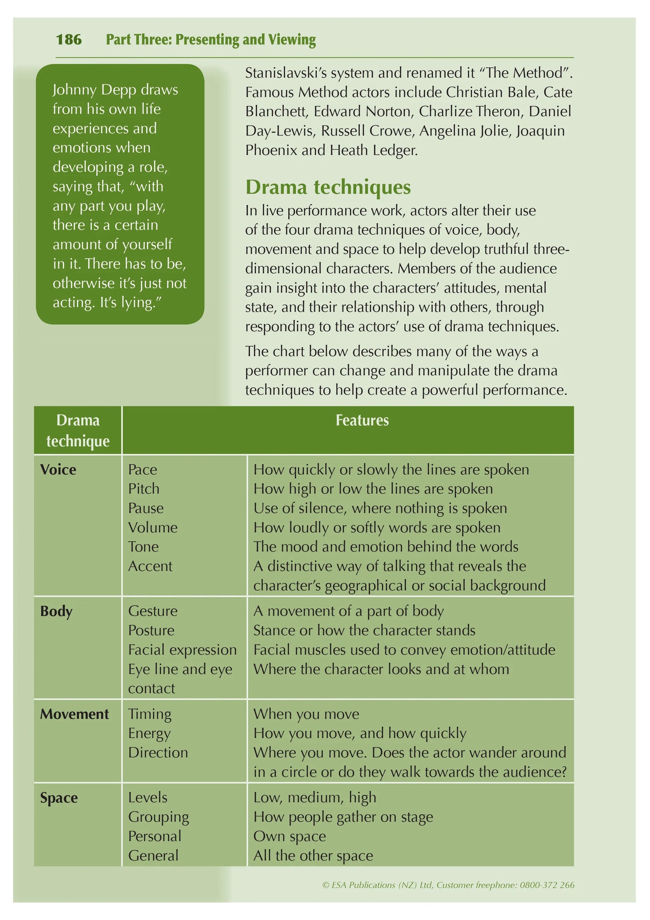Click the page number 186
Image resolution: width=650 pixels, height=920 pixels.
click(x=69, y=40)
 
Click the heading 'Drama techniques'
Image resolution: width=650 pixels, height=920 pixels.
click(x=328, y=187)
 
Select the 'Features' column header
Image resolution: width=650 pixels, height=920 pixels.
click(x=362, y=420)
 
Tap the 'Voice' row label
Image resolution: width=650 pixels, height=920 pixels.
click(x=58, y=470)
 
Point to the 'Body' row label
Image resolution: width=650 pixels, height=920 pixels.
click(x=56, y=611)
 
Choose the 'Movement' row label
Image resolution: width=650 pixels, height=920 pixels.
click(x=74, y=714)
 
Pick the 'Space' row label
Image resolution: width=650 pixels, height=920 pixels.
click(x=59, y=798)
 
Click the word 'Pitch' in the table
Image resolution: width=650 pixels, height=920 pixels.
click(x=143, y=489)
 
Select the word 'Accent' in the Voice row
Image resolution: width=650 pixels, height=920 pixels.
click(x=150, y=566)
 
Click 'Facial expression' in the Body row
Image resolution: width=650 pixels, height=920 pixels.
click(x=182, y=650)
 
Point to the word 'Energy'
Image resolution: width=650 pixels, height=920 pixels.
click(x=149, y=733)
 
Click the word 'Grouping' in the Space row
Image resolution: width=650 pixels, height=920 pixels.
click(x=158, y=817)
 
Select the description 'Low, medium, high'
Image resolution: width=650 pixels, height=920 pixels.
click(x=315, y=797)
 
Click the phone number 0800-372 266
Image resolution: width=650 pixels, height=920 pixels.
click(x=547, y=885)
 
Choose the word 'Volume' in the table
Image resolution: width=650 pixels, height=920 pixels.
click(x=153, y=527)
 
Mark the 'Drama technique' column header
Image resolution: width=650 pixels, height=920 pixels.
click(x=78, y=431)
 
